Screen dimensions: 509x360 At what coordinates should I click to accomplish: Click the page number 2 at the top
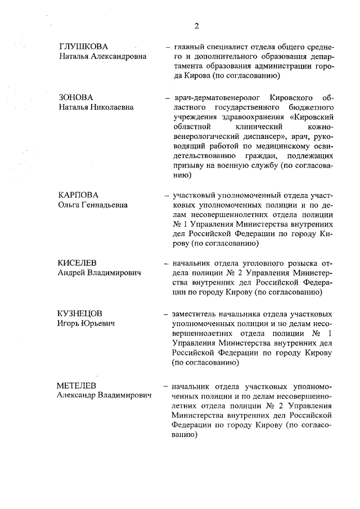tap(197, 26)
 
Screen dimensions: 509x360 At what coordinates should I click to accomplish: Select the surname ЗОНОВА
tap(75, 97)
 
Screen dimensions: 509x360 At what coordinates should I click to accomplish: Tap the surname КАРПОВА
tap(78, 195)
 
